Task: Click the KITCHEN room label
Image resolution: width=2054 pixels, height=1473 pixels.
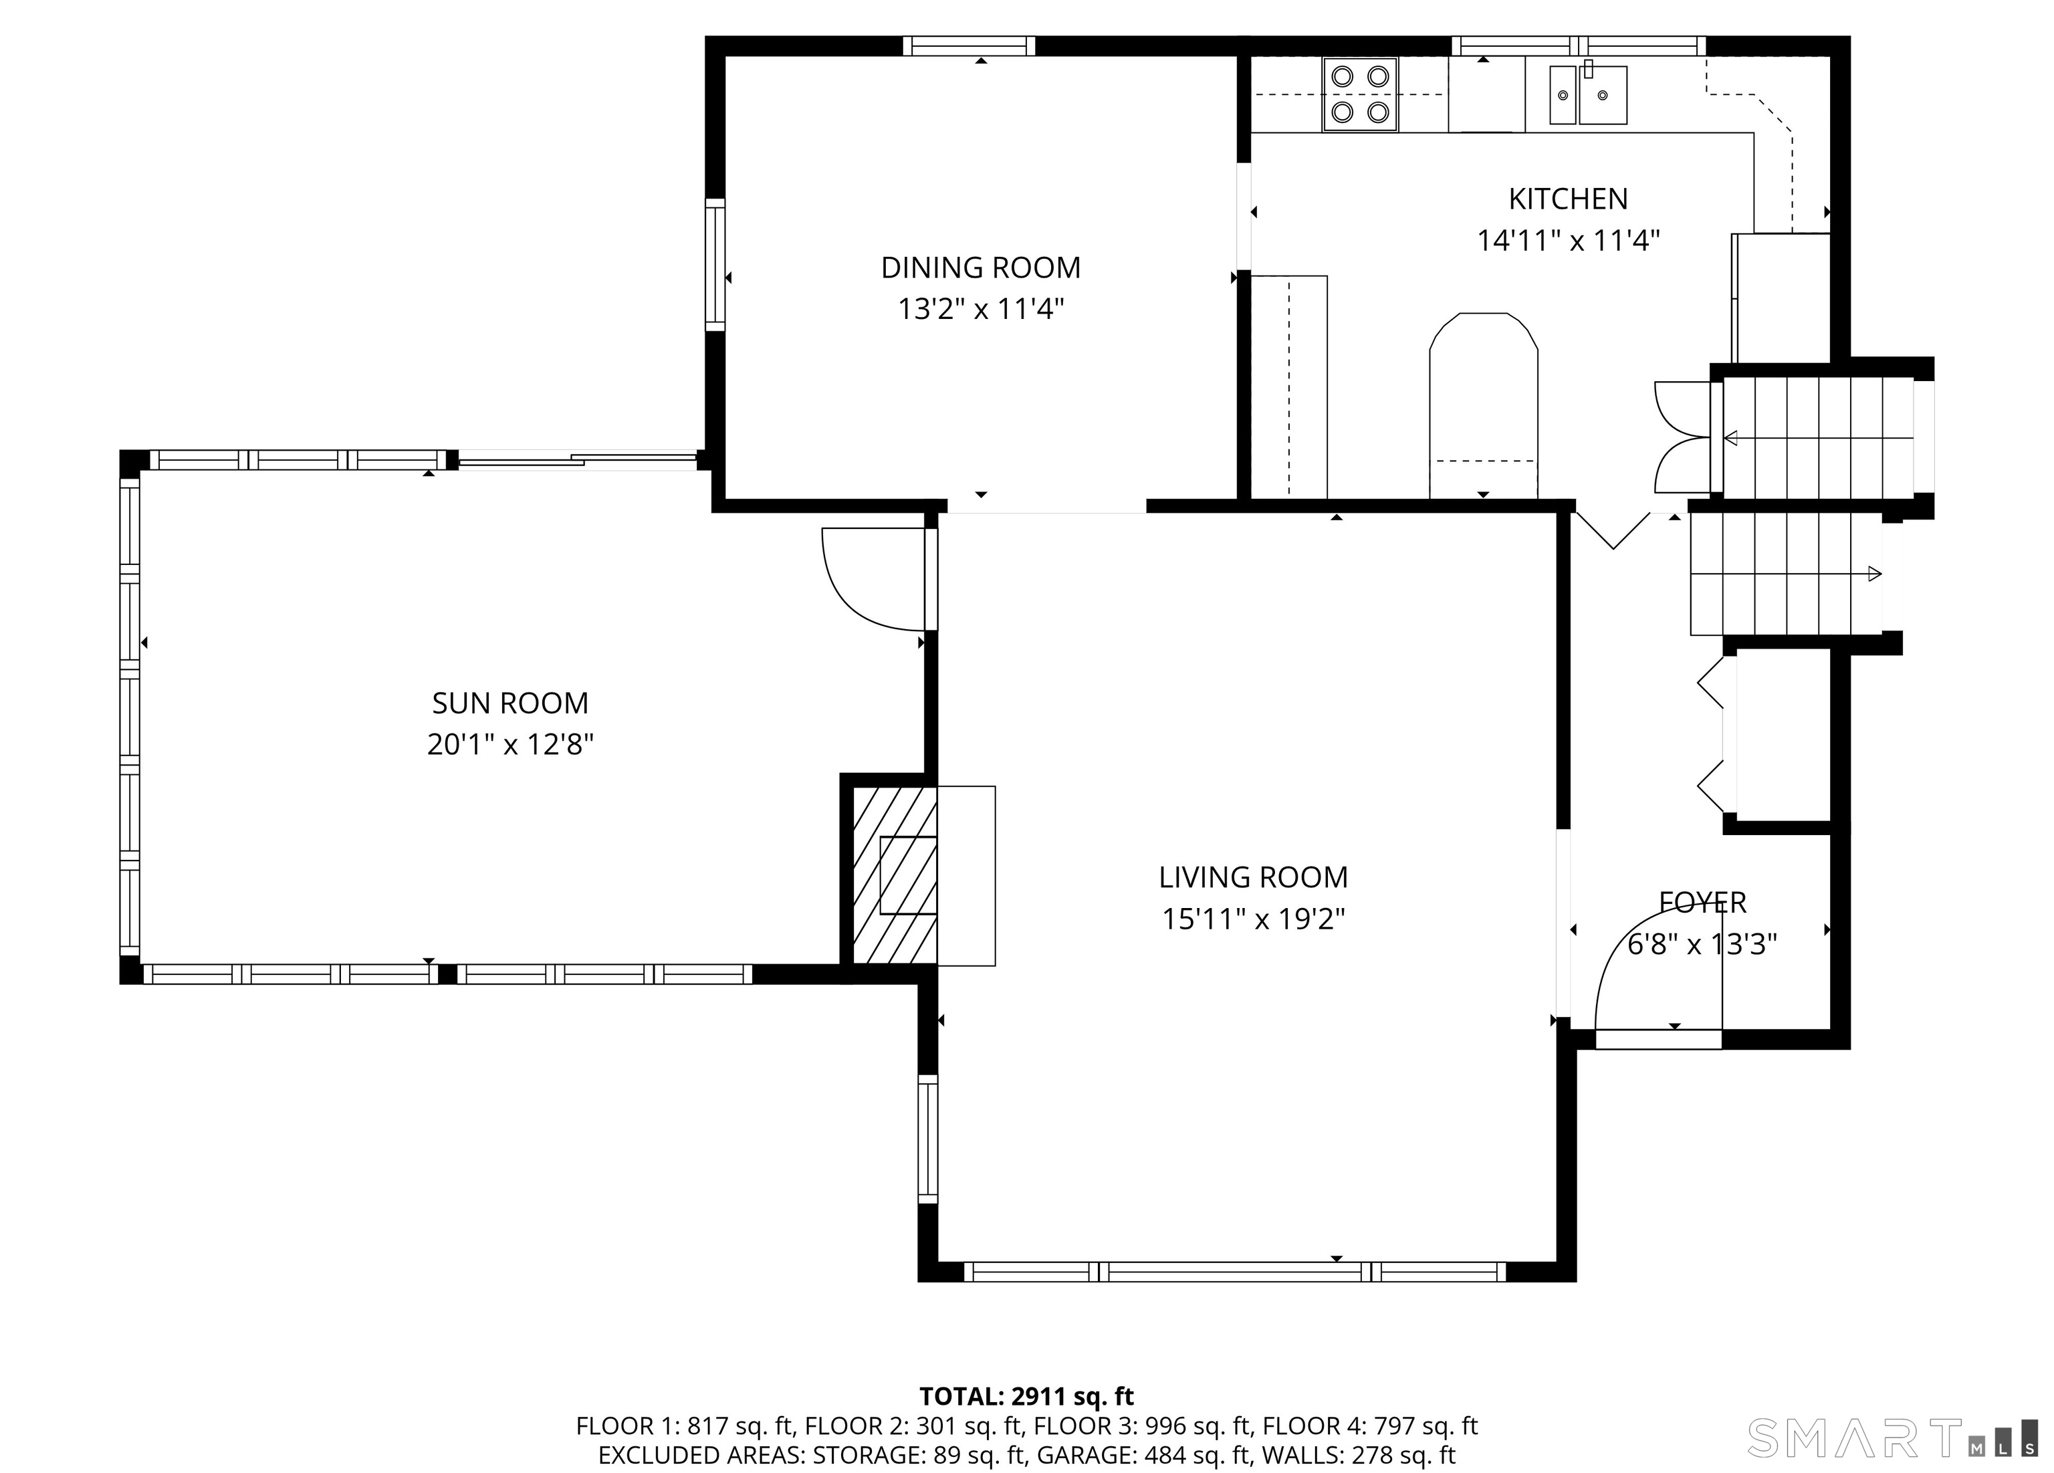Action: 1568,199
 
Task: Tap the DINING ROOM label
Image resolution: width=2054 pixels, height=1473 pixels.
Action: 981,267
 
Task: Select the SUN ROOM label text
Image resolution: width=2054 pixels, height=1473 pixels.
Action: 510,703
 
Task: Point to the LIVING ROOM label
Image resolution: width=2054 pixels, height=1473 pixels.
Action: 1254,877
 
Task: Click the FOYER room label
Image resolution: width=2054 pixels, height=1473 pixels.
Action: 1702,902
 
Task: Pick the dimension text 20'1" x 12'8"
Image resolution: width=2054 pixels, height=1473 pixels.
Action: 510,745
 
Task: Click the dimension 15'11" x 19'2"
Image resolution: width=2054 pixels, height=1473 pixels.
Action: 1254,919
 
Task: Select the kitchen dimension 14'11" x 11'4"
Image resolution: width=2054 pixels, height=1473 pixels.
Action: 1569,241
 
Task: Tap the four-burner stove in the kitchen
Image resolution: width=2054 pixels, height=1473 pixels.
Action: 1359,94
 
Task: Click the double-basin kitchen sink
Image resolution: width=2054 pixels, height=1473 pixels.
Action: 1587,94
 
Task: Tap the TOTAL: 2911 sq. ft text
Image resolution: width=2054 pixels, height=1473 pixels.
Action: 1026,1396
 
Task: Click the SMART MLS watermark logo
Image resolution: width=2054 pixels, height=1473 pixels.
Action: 1891,1438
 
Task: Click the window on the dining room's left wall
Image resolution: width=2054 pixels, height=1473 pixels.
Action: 715,263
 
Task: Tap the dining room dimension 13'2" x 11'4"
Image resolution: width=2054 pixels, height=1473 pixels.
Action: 981,310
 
